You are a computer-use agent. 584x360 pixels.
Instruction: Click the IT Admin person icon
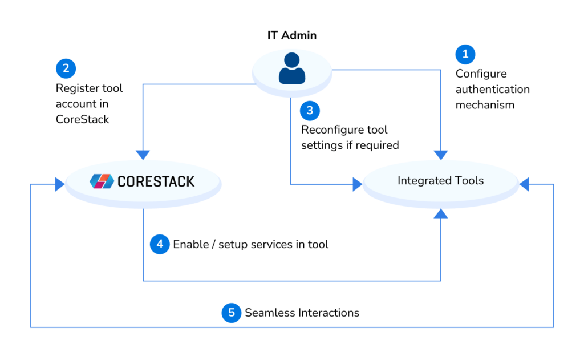point(291,68)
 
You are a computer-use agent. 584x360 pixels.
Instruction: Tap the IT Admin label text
point(292,35)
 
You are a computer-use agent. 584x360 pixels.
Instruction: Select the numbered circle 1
point(465,55)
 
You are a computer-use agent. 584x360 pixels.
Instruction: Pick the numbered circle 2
point(66,69)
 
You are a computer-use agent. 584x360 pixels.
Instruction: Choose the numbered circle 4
point(160,244)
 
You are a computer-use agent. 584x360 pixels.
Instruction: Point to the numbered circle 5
point(231,313)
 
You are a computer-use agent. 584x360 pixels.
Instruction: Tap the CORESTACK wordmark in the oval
point(156,181)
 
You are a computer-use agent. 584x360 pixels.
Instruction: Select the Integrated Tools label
point(440,181)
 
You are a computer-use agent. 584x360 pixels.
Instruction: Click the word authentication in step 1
point(492,90)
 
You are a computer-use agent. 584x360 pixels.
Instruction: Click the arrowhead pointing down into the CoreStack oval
point(143,155)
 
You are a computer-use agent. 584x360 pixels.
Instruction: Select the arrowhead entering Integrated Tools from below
point(441,213)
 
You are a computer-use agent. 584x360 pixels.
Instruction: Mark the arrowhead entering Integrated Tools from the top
point(441,155)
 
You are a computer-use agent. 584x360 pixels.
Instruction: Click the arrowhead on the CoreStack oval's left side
point(59,184)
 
